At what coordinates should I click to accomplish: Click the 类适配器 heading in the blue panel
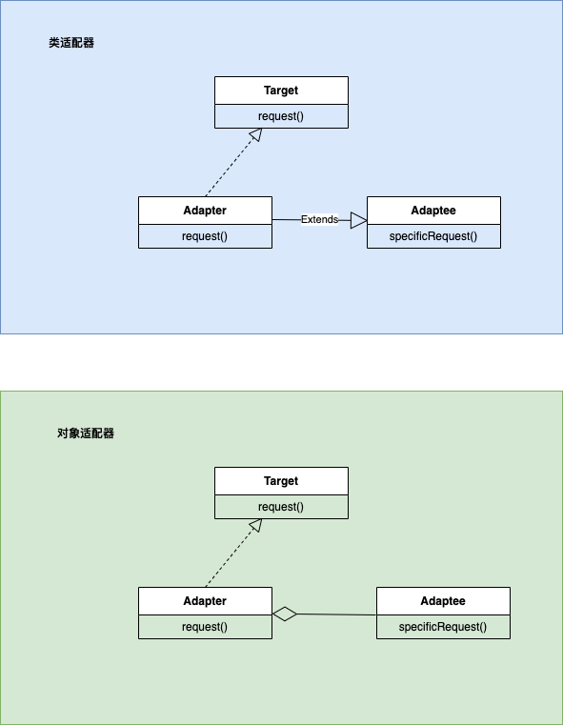[71, 43]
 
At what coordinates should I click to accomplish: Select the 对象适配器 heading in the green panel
[86, 433]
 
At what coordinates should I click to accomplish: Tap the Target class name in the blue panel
[281, 91]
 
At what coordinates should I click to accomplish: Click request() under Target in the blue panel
[281, 116]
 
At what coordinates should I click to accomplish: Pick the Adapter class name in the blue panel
[205, 211]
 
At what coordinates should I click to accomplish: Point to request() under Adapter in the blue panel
[205, 236]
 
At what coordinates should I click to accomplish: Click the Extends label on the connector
[319, 219]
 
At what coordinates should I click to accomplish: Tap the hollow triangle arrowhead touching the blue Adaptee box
[359, 220]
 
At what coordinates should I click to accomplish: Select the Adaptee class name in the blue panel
[433, 211]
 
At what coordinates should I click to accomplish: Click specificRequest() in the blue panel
[433, 236]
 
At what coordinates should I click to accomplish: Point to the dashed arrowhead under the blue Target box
[256, 134]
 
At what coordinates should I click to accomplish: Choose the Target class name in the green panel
[281, 481]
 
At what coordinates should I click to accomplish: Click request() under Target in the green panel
[281, 507]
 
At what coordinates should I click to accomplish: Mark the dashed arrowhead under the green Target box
[256, 525]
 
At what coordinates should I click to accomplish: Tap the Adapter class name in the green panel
[205, 601]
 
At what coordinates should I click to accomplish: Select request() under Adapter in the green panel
[205, 627]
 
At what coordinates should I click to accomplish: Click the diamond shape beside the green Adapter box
[285, 614]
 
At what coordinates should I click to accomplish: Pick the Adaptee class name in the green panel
[443, 601]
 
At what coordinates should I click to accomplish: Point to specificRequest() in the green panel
[443, 627]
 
